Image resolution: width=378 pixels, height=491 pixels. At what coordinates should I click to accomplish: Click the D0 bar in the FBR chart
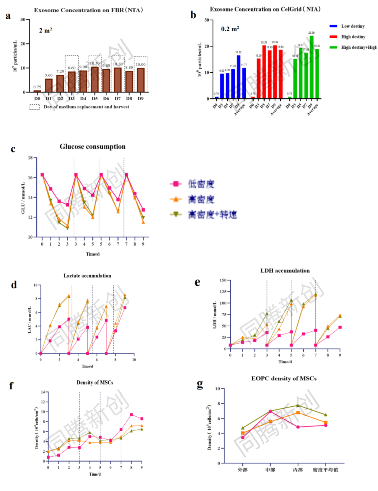tap(37, 91)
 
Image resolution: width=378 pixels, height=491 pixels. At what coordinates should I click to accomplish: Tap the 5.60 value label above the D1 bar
tap(49, 76)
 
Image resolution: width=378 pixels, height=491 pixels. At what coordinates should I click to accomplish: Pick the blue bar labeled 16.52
tap(238, 77)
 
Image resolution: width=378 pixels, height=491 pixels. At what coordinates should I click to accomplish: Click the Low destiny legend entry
tap(353, 26)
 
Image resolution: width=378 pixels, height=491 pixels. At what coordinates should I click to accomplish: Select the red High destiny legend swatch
tap(333, 37)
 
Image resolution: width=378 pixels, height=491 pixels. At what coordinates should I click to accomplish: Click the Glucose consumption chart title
tap(92, 147)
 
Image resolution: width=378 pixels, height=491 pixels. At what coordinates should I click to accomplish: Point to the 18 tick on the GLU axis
tap(30, 158)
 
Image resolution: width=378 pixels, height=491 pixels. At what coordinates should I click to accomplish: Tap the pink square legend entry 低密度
tap(201, 184)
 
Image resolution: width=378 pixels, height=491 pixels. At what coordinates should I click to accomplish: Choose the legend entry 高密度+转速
tap(212, 215)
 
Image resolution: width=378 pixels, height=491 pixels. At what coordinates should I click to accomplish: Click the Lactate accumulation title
tap(87, 276)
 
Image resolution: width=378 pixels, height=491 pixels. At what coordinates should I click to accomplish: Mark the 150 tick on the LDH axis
tap(223, 280)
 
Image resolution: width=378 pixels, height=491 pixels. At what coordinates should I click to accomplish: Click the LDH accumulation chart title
tap(285, 271)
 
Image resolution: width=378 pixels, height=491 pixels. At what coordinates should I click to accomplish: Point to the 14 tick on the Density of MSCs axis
tap(43, 392)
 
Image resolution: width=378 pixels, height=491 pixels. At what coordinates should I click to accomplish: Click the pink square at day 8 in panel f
tap(131, 415)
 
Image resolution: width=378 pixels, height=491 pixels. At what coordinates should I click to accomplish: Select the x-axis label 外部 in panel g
tap(242, 469)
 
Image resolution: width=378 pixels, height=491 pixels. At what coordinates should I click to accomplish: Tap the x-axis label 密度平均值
tap(325, 469)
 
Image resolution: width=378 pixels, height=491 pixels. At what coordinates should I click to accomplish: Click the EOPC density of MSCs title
tap(283, 379)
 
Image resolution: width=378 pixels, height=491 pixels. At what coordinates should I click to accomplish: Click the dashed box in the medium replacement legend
tap(34, 107)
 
